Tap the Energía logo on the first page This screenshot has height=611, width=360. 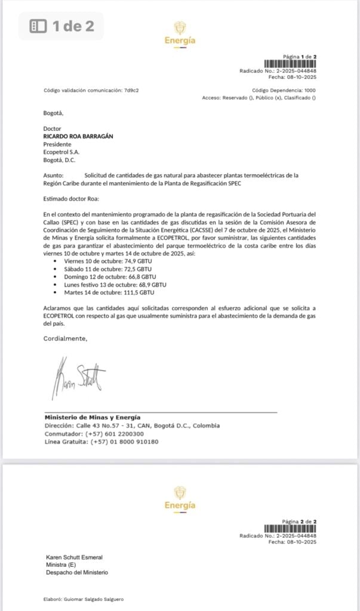tap(180, 33)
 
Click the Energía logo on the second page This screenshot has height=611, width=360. tap(180, 498)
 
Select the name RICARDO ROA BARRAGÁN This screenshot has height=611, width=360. tap(81, 136)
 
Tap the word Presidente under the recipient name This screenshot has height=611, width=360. tap(57, 144)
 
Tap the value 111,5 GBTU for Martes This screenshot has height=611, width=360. tap(138, 292)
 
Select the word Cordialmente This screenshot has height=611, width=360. tap(65, 338)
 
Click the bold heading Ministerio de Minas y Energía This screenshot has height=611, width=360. tap(93, 417)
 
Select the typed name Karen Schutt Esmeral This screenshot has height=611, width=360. tap(74, 557)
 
